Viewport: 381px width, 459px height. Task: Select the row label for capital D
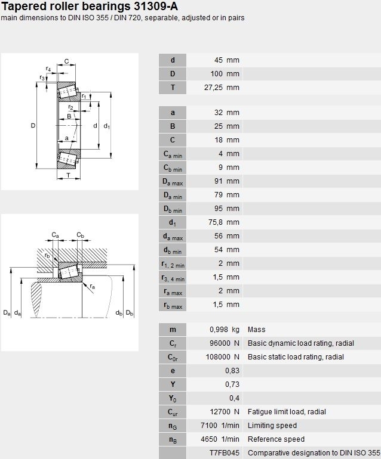point(173,74)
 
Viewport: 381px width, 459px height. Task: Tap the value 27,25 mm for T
point(222,88)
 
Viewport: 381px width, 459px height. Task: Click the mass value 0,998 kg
point(225,330)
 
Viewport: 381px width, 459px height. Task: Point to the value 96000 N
point(225,343)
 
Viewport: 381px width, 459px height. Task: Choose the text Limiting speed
point(272,426)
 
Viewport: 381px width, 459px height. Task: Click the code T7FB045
point(225,453)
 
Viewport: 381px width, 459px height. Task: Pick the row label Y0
point(173,398)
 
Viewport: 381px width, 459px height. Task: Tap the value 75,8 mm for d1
point(224,222)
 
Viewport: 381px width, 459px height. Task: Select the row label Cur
point(173,412)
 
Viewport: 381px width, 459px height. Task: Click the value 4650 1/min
point(220,439)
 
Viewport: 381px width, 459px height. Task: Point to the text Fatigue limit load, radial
point(287,412)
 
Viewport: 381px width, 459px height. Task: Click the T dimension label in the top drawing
point(68,175)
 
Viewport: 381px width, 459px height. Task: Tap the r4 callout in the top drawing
point(48,69)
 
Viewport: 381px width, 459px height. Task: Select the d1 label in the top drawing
point(107,126)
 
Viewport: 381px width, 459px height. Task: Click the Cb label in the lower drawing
point(81,235)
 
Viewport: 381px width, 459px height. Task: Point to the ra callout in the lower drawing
point(93,286)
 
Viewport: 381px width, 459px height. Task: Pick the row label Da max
point(173,181)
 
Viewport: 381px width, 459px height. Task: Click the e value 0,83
point(232,371)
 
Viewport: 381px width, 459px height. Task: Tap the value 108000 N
point(223,357)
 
